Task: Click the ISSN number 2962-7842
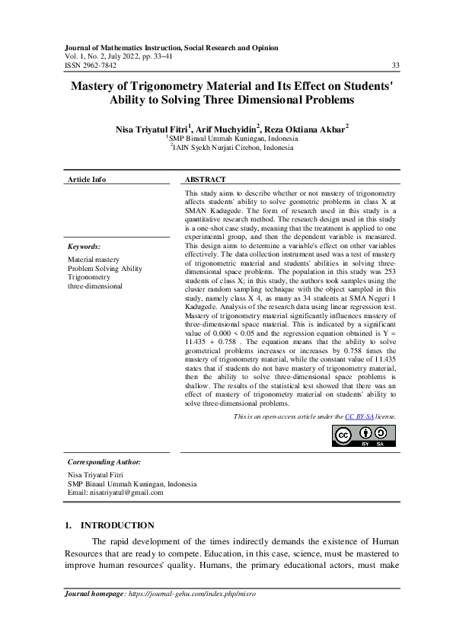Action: (94, 65)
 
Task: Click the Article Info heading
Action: (87, 180)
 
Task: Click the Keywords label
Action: (84, 247)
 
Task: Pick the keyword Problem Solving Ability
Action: (105, 269)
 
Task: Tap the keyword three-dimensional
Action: (94, 287)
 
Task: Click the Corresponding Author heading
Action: (104, 462)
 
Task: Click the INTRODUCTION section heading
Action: (117, 525)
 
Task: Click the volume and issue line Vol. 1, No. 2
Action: (84, 56)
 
